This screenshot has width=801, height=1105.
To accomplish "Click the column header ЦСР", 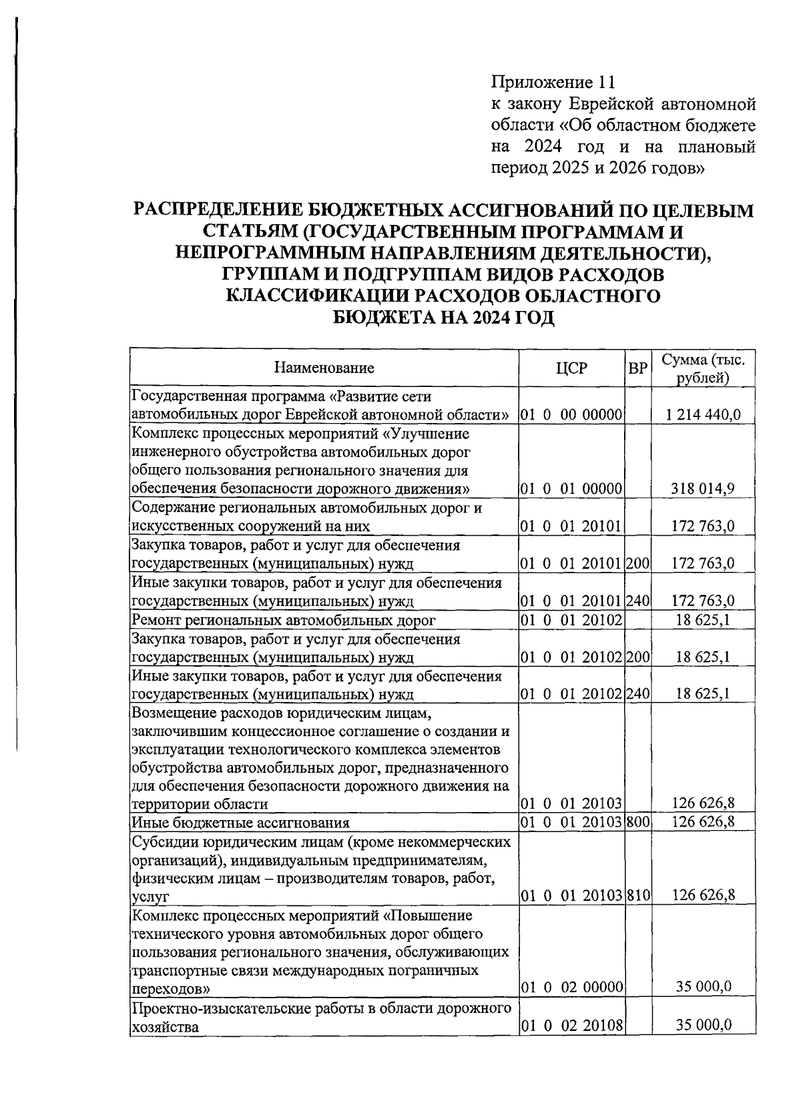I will pyautogui.click(x=572, y=368).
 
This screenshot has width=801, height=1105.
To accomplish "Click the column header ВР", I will pyautogui.click(x=638, y=368).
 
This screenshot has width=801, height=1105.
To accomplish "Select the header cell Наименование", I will pyautogui.click(x=324, y=368).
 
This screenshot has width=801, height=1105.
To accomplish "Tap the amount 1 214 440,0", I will pyautogui.click(x=703, y=414).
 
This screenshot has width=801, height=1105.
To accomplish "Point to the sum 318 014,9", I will pyautogui.click(x=703, y=488).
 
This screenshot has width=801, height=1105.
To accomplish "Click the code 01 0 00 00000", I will pyautogui.click(x=572, y=414).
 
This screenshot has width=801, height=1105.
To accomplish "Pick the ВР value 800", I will pyautogui.click(x=638, y=822).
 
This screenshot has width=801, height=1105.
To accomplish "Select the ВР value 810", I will pyautogui.click(x=638, y=895).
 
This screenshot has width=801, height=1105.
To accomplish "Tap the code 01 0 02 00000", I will pyautogui.click(x=572, y=987).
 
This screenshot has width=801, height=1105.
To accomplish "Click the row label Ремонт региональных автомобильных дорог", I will pyautogui.click(x=284, y=621).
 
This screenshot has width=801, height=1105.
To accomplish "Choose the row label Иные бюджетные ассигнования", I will pyautogui.click(x=241, y=822).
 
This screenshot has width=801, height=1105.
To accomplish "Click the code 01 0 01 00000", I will pyautogui.click(x=572, y=488).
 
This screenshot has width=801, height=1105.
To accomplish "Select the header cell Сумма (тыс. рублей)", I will pyautogui.click(x=703, y=368).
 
